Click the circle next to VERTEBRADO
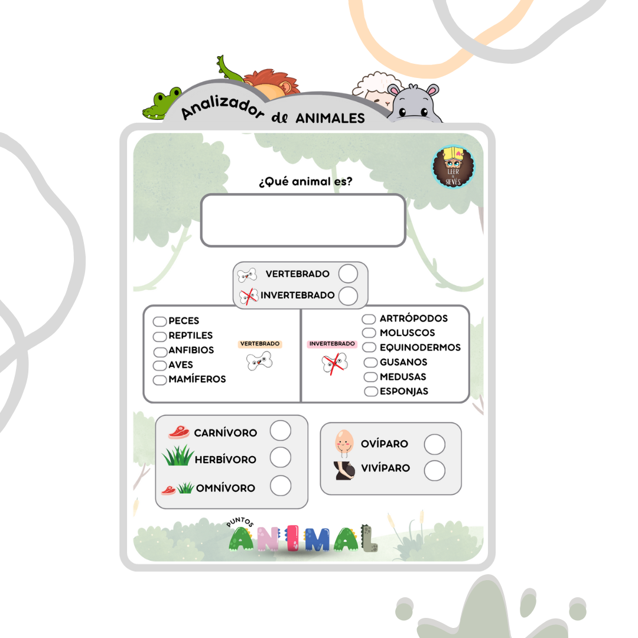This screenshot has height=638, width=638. [348, 274]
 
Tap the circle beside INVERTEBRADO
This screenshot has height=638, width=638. [348, 295]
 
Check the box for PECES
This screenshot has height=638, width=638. [159, 321]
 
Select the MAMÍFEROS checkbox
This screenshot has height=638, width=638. [159, 380]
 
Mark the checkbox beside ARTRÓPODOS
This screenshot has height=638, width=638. [369, 319]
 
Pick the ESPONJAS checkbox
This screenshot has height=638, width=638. [371, 391]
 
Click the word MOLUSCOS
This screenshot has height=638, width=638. [407, 333]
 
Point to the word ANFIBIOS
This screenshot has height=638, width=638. [191, 350]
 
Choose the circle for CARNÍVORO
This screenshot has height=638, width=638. [281, 431]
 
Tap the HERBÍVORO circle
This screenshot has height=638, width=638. [281, 457]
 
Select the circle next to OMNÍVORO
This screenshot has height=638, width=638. [281, 486]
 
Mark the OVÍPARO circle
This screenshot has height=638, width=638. [435, 444]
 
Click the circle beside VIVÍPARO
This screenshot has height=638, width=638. [435, 470]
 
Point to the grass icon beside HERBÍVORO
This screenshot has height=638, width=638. [178, 456]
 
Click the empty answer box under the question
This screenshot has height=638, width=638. [303, 220]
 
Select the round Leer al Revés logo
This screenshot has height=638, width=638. [454, 167]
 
